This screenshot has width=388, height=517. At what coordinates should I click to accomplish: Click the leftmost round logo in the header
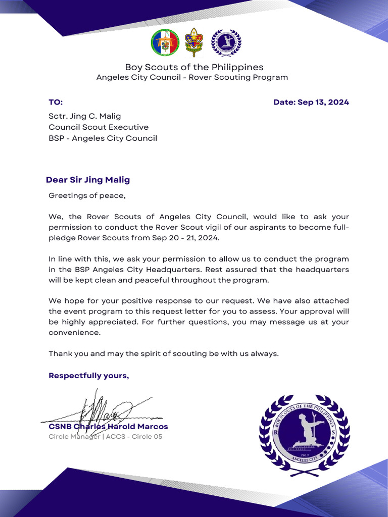click(165, 43)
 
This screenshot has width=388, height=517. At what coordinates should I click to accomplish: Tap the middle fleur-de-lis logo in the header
click(195, 43)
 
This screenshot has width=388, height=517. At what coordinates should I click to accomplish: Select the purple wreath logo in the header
click(226, 43)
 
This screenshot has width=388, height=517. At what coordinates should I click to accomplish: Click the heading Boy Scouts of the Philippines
click(194, 67)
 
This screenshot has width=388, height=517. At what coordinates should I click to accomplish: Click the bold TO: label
click(56, 102)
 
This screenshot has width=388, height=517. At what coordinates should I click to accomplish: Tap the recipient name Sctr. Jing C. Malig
click(84, 116)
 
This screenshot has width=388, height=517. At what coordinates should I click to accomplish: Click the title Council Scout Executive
click(99, 127)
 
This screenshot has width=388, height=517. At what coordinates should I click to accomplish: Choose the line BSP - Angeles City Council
click(103, 138)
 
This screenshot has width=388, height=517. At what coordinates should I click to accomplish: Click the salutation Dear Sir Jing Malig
click(88, 180)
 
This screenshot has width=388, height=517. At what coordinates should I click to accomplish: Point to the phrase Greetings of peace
click(87, 195)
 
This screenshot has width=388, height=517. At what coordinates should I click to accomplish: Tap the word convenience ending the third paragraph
click(74, 333)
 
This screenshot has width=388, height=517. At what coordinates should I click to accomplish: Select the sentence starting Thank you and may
click(163, 354)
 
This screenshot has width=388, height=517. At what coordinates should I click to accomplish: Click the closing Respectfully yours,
click(88, 376)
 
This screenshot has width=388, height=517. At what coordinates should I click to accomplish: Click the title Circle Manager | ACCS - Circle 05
click(105, 437)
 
